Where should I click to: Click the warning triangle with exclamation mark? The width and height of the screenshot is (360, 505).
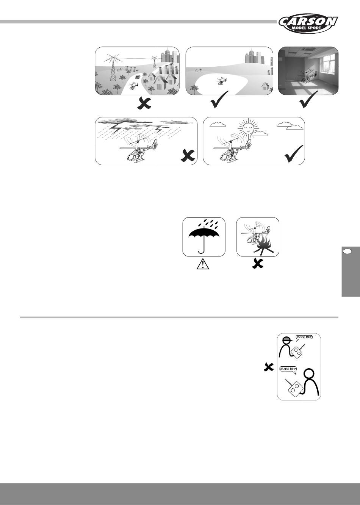(x=203, y=264)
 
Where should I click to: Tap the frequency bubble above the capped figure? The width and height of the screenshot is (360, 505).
(x=303, y=337)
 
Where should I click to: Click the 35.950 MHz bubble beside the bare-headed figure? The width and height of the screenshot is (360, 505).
(x=288, y=368)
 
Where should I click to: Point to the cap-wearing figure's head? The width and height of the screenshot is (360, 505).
(x=287, y=341)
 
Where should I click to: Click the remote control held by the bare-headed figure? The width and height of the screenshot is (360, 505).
(x=294, y=388)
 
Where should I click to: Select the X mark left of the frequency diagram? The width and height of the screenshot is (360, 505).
(x=269, y=367)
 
